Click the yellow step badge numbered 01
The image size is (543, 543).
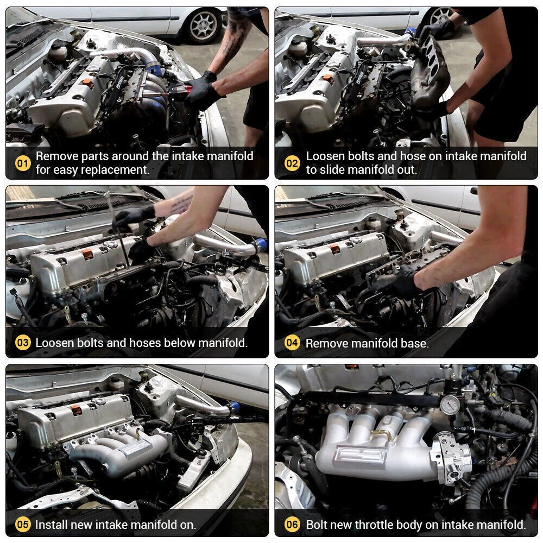pos(23,163)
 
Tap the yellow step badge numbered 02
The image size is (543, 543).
pos(292,163)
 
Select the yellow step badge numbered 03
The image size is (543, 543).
pos(23,343)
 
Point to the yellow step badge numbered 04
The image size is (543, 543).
pos(292,343)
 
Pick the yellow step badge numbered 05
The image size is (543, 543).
pos(23,525)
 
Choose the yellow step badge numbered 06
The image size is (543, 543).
pos(292,525)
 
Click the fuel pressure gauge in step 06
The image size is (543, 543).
pos(450,404)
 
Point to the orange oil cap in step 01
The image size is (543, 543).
pos(87,83)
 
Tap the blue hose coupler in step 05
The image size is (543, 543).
pos(234,407)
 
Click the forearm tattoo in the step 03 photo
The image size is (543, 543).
pos(181,204)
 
